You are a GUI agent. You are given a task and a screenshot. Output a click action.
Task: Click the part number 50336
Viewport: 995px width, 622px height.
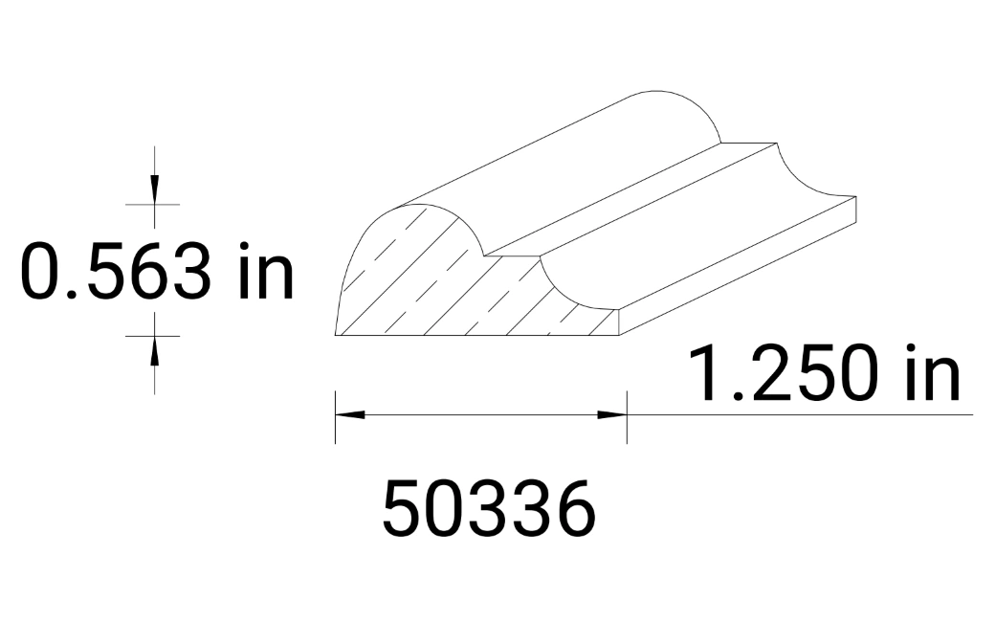[488, 508]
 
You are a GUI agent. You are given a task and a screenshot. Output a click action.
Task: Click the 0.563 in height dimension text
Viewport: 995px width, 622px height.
[158, 271]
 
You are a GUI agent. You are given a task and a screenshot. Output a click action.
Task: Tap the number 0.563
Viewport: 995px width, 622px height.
[116, 271]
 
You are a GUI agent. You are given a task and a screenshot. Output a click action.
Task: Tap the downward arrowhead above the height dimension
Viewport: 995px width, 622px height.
[154, 190]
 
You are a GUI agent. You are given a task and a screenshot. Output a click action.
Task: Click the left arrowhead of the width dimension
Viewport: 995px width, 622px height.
[349, 415]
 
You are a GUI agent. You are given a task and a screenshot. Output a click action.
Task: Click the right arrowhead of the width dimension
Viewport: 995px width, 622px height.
[612, 415]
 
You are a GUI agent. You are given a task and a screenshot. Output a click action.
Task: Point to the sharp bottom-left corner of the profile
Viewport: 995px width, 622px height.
[337, 334]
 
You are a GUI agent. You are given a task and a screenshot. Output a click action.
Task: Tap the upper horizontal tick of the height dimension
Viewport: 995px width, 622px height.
[153, 204]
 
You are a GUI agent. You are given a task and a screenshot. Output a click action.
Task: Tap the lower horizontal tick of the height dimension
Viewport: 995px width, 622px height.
[153, 336]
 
